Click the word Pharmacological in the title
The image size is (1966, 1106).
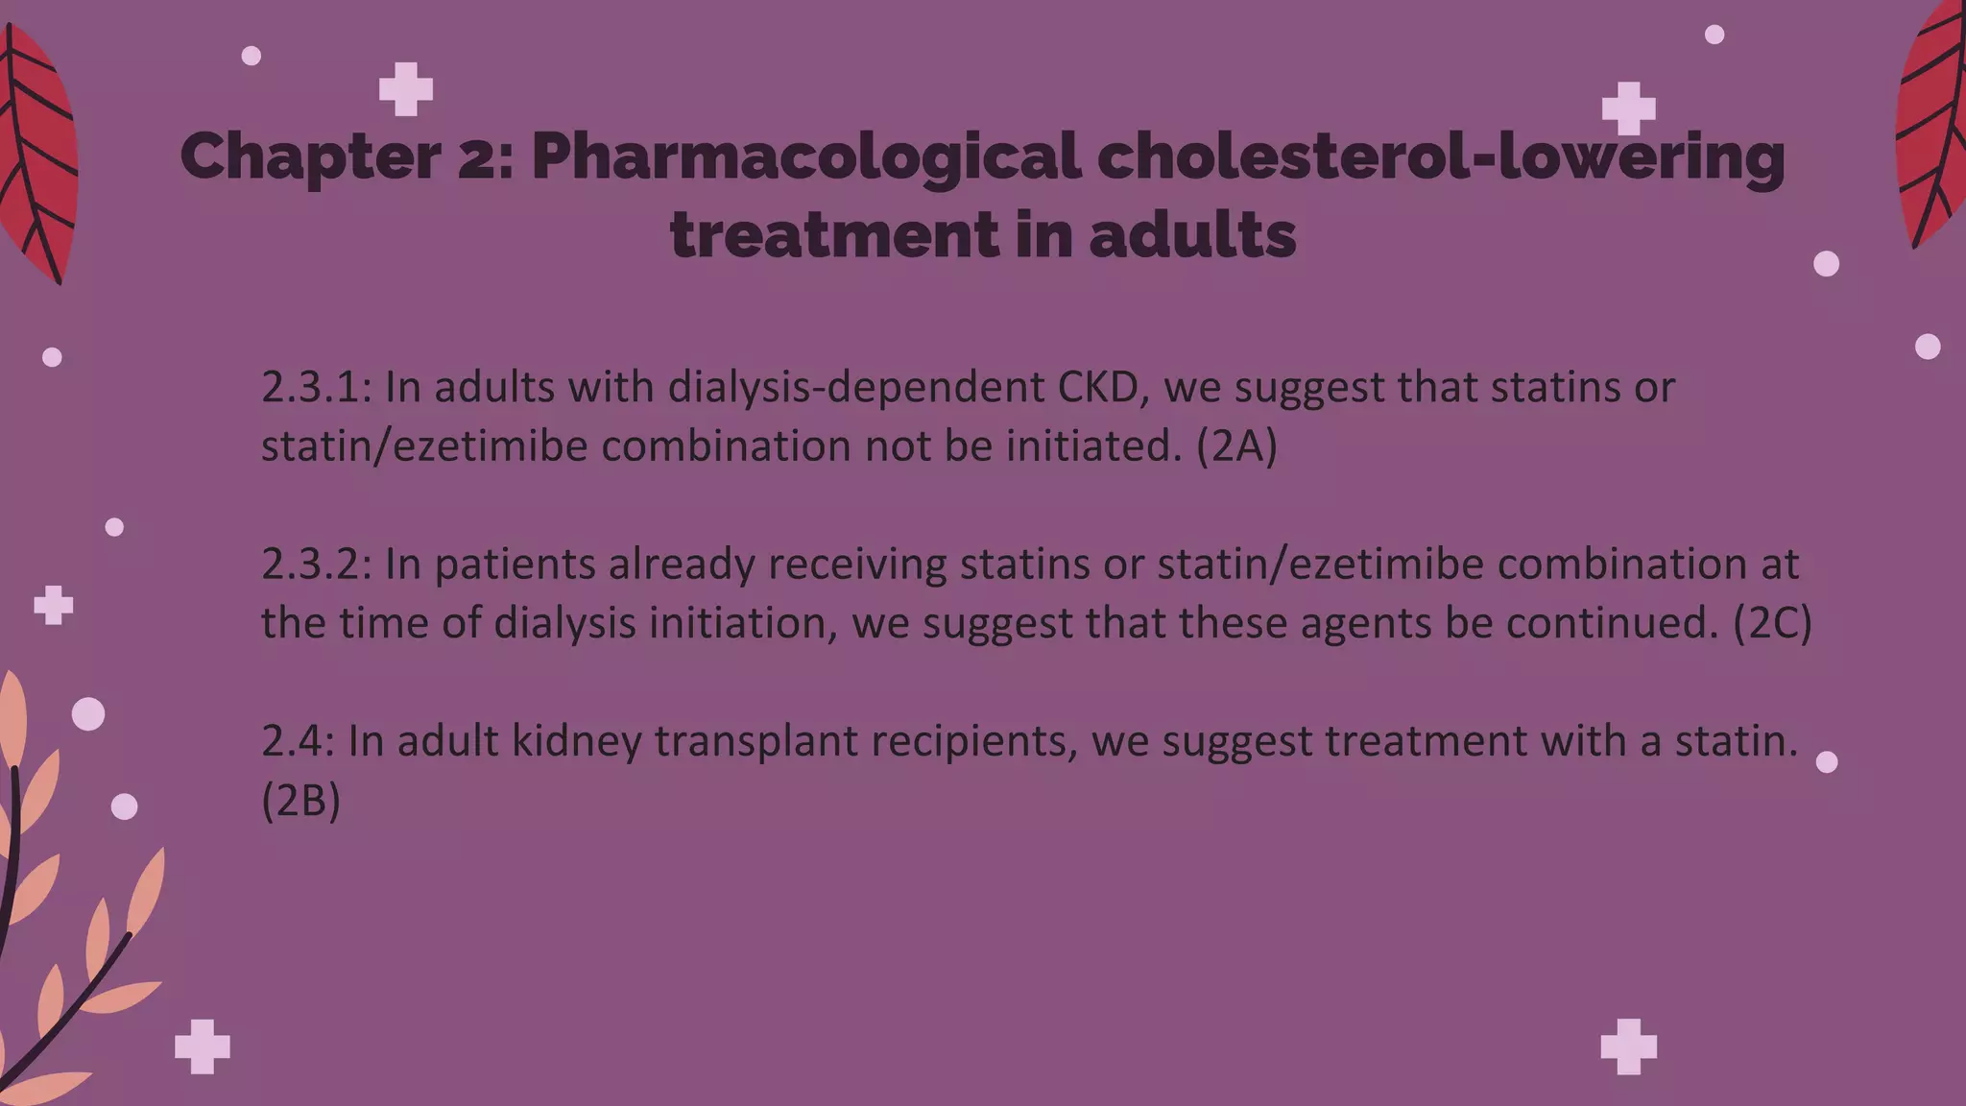click(x=805, y=157)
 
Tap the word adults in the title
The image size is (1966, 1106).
click(x=1192, y=235)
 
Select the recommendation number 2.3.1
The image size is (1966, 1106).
click(x=316, y=388)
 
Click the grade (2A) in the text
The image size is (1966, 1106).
click(x=1236, y=446)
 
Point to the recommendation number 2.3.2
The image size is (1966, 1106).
click(x=316, y=565)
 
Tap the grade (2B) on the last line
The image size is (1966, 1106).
click(x=301, y=801)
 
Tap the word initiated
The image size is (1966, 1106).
click(x=1093, y=446)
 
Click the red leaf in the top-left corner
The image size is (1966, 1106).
click(x=36, y=154)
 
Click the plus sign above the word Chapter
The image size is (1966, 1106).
click(x=406, y=89)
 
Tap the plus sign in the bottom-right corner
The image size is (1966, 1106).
click(x=1629, y=1046)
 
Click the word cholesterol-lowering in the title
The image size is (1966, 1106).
click(x=1440, y=157)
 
